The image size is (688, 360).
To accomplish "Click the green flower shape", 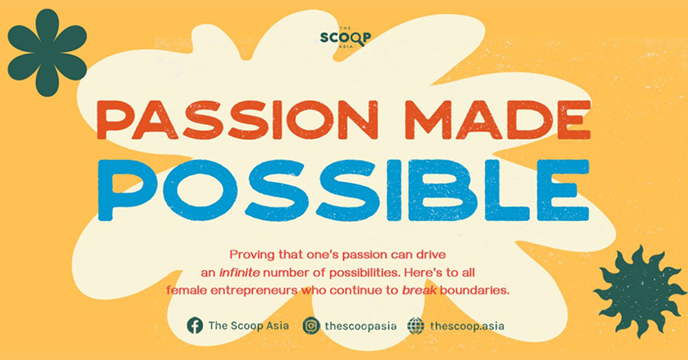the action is (47, 53).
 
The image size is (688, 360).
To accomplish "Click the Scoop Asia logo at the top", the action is (346, 37).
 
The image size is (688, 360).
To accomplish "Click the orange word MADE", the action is (498, 120).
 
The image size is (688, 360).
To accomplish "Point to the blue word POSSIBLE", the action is (343, 190).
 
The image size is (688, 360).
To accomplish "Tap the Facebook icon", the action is (195, 326).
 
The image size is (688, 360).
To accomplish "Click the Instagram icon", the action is (311, 326).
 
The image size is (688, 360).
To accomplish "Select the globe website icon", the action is (416, 326).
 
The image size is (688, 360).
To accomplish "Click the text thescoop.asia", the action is (467, 326).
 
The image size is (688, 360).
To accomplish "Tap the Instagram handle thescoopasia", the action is (361, 326).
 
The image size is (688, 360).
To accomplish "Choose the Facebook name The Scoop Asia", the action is (248, 326).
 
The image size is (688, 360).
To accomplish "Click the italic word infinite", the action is (240, 272).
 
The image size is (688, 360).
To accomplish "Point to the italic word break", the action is (419, 290).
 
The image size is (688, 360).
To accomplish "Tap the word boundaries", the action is (475, 290).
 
